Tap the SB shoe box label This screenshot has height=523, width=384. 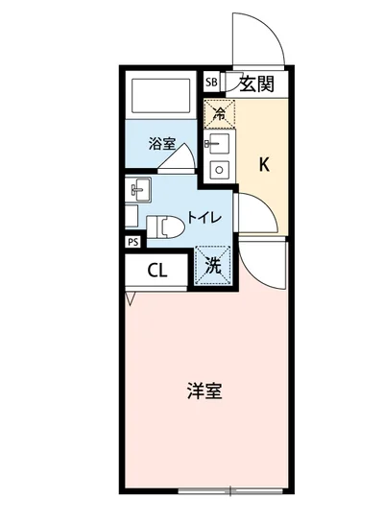211,83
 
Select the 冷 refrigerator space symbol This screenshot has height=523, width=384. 219,112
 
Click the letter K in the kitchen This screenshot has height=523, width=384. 263,164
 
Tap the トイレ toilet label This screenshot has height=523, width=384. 204,218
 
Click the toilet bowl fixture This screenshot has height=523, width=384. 165,226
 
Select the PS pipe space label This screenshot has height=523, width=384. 132,242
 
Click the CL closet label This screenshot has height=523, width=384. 157,270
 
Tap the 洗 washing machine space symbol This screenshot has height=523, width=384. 213,266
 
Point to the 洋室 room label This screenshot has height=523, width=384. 204,392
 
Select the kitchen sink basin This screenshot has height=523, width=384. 216,147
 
